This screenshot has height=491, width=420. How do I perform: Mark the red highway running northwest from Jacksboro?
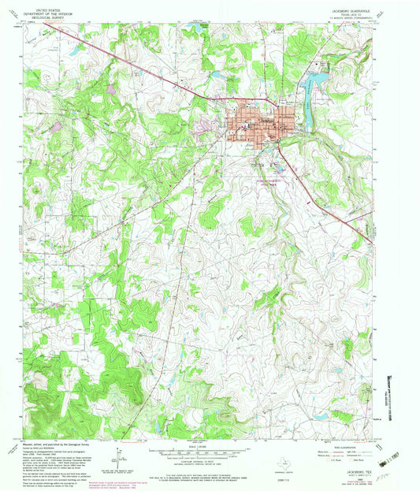pos(134,64)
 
